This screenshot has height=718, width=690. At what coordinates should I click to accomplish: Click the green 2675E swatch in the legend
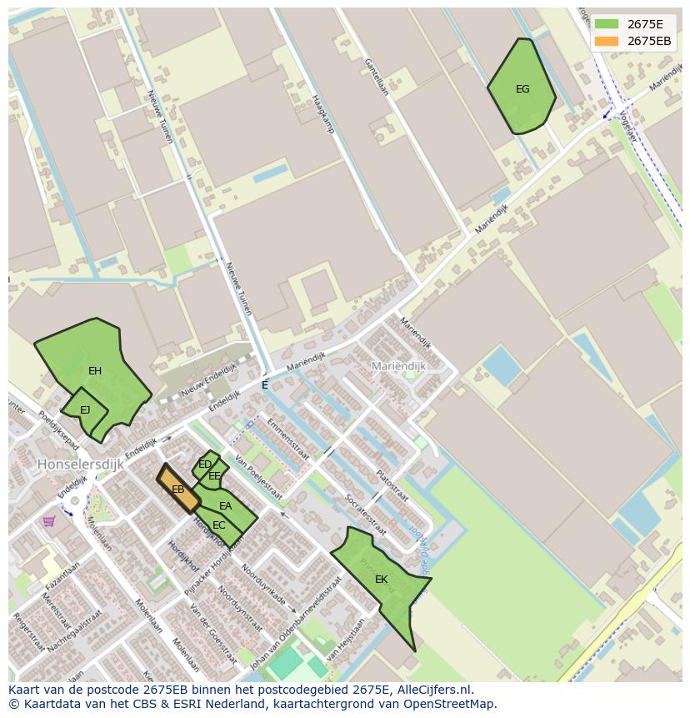(x=606, y=24)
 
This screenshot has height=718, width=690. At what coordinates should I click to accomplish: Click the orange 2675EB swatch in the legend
(x=606, y=41)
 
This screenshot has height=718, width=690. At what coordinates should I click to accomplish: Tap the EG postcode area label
(x=522, y=89)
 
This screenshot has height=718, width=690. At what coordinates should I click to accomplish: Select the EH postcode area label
(x=95, y=371)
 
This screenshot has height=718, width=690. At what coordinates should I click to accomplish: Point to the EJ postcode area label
(x=85, y=409)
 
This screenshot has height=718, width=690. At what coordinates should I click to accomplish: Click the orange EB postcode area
(x=178, y=490)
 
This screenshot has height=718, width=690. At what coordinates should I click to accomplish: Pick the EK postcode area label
(x=381, y=580)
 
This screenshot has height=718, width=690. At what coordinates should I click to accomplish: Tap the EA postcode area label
(x=226, y=506)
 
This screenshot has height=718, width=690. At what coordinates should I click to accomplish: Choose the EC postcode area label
(x=219, y=525)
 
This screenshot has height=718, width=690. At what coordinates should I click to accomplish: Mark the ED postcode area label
(x=205, y=464)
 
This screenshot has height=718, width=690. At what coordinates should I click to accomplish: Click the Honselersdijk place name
(x=80, y=464)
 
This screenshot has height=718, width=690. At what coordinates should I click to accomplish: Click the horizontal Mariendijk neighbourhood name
(x=398, y=366)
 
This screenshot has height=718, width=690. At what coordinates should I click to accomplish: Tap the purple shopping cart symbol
(x=49, y=521)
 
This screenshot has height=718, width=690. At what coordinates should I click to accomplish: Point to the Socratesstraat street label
(x=365, y=514)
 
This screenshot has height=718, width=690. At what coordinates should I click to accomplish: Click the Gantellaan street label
(x=375, y=76)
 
